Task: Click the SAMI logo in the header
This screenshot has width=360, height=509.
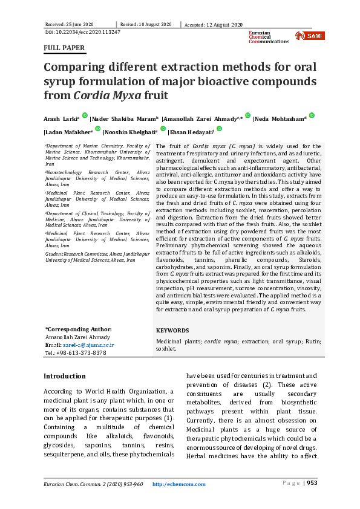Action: point(309,36)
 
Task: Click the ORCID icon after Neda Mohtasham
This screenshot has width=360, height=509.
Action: point(311,115)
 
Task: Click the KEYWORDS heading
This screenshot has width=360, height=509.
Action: point(172,331)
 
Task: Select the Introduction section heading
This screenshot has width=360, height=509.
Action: point(64,376)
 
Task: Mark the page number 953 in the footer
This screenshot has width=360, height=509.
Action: point(312,484)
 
